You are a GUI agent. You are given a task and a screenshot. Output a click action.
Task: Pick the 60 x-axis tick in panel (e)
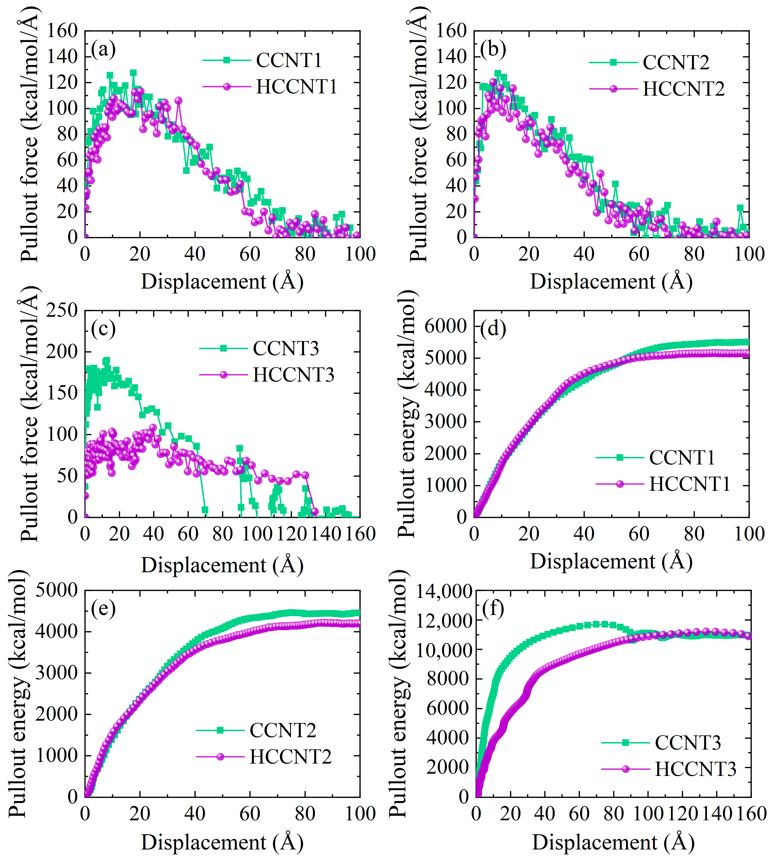click(250, 813)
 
